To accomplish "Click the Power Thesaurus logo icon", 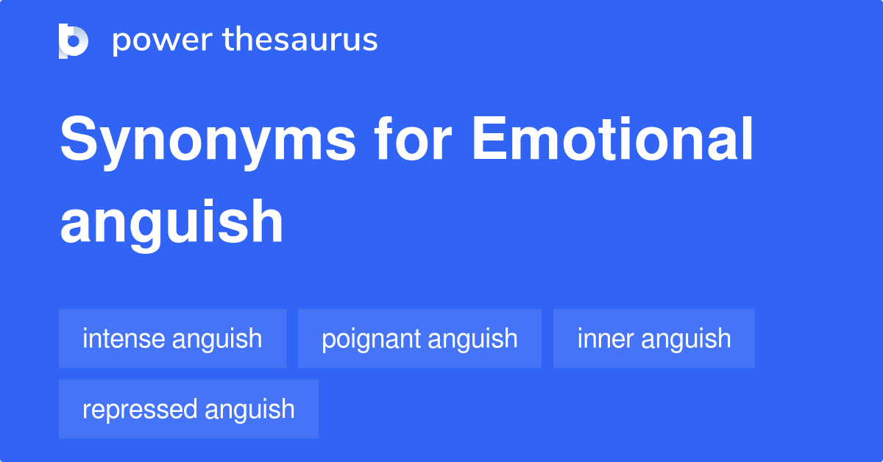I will [74, 40].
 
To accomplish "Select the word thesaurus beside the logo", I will [300, 40].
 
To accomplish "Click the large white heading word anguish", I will [171, 222].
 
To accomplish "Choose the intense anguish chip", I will [172, 338].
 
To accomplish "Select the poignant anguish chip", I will [419, 338].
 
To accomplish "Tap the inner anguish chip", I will [653, 338].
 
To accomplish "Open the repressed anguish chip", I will [188, 409].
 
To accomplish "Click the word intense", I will [123, 338].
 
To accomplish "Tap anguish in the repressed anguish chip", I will [250, 410].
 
